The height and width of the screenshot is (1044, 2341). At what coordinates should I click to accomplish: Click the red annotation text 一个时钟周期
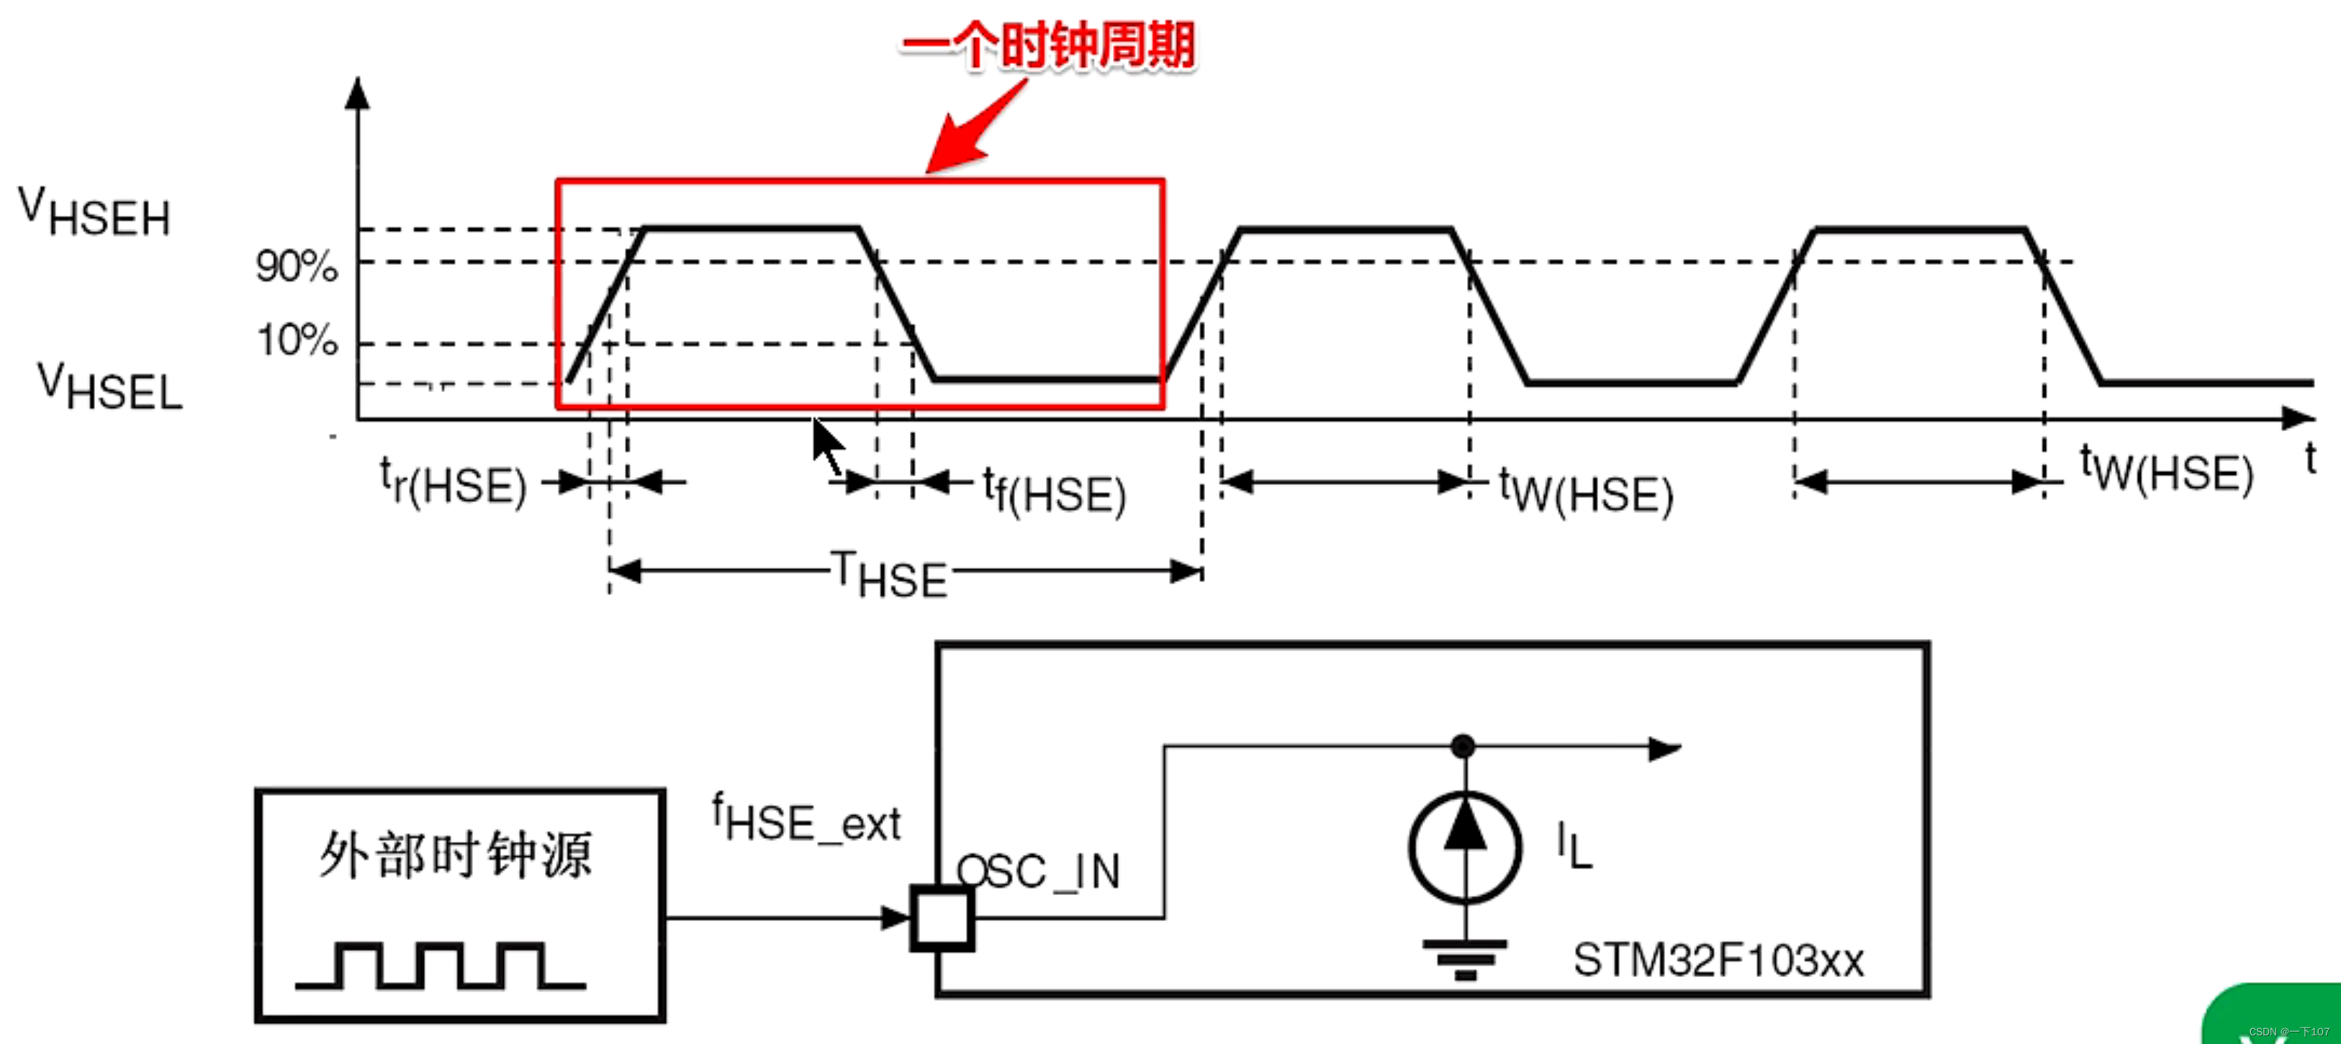(x=1048, y=45)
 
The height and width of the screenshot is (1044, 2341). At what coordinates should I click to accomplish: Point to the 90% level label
(x=297, y=266)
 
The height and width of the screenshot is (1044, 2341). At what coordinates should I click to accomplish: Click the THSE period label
(x=890, y=574)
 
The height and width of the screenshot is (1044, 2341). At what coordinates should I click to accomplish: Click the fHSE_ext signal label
(x=806, y=819)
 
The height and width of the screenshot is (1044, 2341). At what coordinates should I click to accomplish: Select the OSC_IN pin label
(x=1039, y=871)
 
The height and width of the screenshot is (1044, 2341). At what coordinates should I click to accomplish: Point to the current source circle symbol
(x=1464, y=847)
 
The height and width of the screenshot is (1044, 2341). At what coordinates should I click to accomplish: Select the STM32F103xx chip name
(x=1718, y=961)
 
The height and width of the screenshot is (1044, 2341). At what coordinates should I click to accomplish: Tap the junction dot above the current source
(x=1463, y=746)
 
